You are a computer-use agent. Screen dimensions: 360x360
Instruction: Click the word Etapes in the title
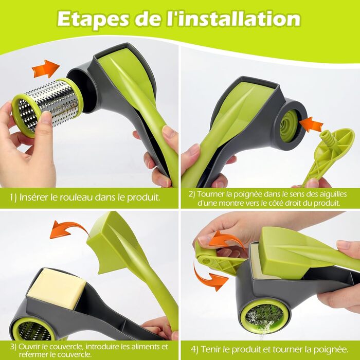(93, 20)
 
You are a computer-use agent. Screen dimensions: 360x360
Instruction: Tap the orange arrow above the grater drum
(45, 68)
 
